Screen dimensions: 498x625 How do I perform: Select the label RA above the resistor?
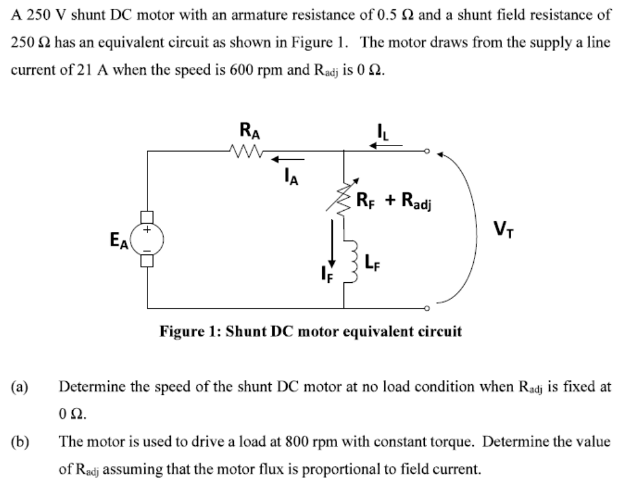coord(246,131)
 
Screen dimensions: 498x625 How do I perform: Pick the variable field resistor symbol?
coord(344,197)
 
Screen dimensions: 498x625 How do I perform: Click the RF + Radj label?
coord(394,200)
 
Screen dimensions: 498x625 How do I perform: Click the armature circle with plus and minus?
coord(147,239)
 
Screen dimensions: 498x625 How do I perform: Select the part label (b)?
coord(19,443)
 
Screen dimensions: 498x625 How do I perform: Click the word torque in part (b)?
coord(456,443)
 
